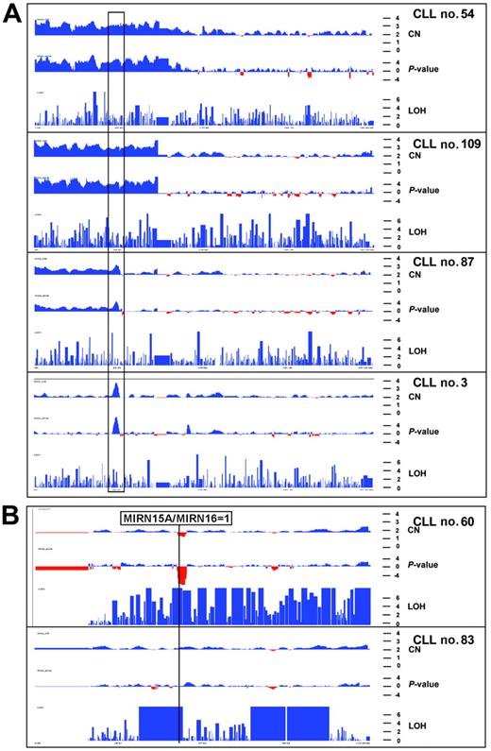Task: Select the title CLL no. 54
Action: pos(444,19)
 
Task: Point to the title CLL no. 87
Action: pos(444,266)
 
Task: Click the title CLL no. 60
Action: pos(444,521)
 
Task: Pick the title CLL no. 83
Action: pos(444,639)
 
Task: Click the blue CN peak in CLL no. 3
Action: pos(115,390)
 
